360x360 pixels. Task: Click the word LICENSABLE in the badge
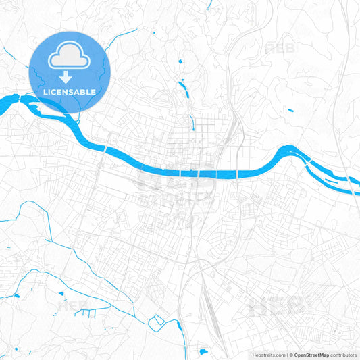[x=70, y=91]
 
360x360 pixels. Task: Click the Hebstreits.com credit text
[x=267, y=355]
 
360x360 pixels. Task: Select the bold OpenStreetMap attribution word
[x=311, y=355]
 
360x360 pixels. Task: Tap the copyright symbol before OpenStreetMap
[x=291, y=355]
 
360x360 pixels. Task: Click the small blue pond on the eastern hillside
[x=290, y=110]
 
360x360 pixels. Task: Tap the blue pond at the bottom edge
[x=203, y=351]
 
